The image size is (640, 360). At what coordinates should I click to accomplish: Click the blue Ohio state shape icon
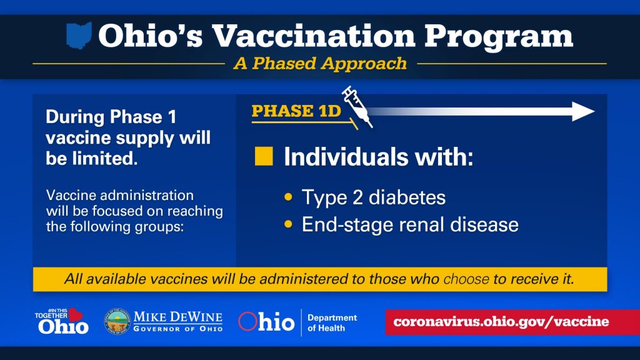[x=79, y=36]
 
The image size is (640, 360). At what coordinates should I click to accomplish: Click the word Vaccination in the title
[x=314, y=36]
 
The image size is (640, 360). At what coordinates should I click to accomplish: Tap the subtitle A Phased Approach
[x=321, y=64]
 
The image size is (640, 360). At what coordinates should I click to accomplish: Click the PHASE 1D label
[x=296, y=111]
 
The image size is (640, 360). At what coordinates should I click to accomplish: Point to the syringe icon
[x=357, y=106]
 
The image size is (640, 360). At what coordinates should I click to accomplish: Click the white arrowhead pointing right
[x=583, y=111]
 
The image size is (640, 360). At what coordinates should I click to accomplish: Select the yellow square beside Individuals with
[x=264, y=156]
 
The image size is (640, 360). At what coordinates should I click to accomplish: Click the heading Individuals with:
[x=378, y=157]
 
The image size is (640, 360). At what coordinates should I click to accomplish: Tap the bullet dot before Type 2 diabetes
[x=289, y=197]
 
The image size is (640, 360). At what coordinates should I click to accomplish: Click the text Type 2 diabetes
[x=374, y=197]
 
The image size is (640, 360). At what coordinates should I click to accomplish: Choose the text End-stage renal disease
[x=410, y=224]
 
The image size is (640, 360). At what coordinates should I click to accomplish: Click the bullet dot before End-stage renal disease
[x=289, y=224]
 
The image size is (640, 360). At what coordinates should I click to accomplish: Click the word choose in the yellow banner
[x=466, y=279]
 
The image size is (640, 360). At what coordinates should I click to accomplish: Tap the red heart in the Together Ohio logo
[x=76, y=315]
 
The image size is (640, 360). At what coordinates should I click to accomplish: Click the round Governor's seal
[x=117, y=321]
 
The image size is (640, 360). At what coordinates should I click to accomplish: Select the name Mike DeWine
[x=178, y=317]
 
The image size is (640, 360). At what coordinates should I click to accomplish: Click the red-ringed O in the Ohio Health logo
[x=247, y=321]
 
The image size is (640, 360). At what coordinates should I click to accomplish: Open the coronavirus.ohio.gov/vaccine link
[x=501, y=322]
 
